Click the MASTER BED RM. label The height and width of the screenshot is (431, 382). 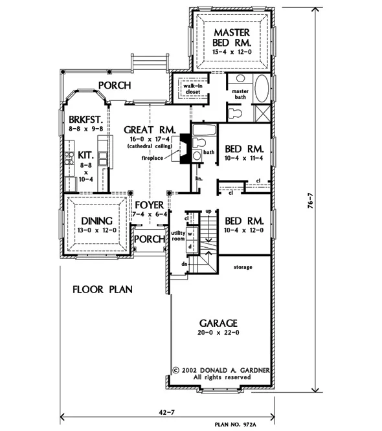point(232,38)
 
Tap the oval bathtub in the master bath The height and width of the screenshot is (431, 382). point(262,89)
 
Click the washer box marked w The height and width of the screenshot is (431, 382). point(190,234)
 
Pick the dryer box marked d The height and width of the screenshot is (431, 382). point(190,247)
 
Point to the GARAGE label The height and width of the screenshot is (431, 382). point(218,323)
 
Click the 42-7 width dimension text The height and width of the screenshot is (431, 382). point(167,412)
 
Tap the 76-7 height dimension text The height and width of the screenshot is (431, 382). point(310,201)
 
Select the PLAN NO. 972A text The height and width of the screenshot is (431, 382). point(236,425)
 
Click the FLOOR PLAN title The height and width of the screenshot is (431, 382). point(102,289)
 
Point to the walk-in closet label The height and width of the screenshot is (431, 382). point(193,89)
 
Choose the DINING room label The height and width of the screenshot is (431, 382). point(97,221)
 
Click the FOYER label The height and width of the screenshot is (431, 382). point(150,205)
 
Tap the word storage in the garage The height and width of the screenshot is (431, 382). point(243,267)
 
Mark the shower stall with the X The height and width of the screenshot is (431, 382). point(262,113)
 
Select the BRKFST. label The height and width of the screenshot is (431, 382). point(86,120)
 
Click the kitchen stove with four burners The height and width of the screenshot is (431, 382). point(69,159)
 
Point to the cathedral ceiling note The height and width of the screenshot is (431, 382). point(150,146)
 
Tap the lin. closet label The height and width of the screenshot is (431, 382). point(199,179)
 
